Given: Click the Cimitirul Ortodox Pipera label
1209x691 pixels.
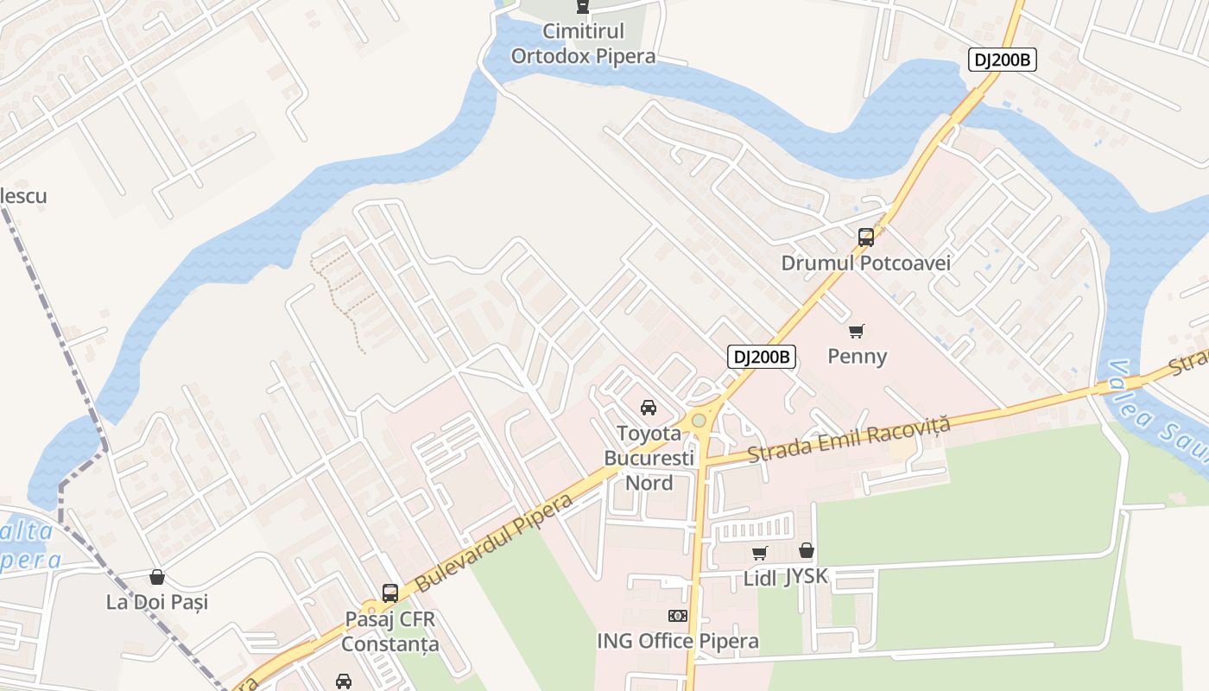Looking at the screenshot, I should [x=583, y=43].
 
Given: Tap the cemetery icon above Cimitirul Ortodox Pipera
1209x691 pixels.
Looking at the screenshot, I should [x=583, y=7].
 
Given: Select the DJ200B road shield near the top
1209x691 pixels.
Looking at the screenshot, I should [x=1002, y=60].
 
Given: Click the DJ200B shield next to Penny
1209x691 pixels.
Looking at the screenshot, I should [x=761, y=357].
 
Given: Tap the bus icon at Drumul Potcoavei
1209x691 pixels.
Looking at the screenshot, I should [x=865, y=238].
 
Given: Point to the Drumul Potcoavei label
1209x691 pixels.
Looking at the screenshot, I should [x=865, y=263].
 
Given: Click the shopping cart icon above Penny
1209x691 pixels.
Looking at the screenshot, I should [x=857, y=331].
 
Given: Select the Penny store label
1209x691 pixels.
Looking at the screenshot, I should [x=857, y=356].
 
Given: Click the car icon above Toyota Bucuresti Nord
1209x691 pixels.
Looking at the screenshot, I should [x=648, y=408].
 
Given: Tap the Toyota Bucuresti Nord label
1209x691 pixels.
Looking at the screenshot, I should [x=649, y=458].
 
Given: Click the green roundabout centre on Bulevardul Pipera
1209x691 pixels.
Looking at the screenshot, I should [x=699, y=421].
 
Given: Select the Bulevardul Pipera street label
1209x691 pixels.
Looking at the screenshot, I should [x=494, y=544].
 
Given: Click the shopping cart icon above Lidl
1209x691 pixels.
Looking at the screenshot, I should [x=759, y=553].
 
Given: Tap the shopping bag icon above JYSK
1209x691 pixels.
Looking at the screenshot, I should [x=807, y=550].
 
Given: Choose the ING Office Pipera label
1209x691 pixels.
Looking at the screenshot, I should [x=678, y=641].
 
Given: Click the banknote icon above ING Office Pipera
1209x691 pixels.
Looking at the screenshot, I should [x=678, y=616].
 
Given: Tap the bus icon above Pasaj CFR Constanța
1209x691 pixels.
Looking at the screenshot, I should [x=390, y=593].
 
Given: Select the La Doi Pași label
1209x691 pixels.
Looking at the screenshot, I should [x=157, y=602].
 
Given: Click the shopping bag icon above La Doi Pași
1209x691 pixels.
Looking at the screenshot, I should [x=157, y=576].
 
